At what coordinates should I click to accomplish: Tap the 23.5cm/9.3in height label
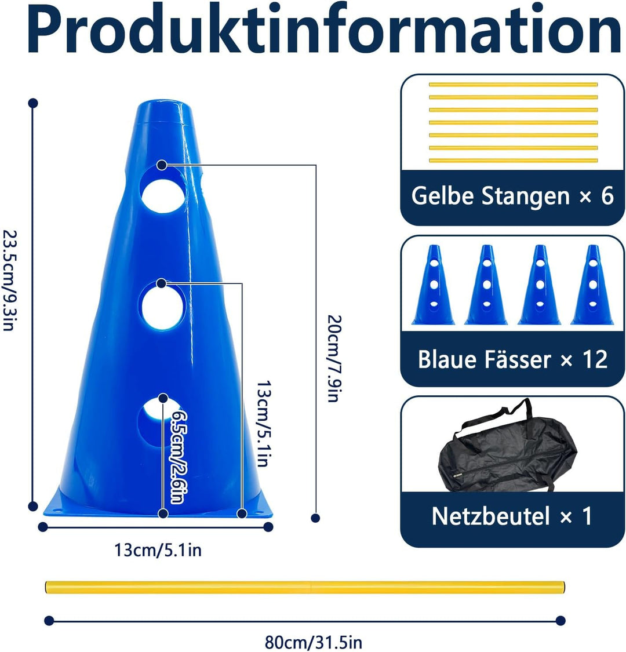pos(10,281)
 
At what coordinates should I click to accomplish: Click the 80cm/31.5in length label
pos(314,642)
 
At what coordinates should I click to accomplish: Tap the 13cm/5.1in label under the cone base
pos(158,550)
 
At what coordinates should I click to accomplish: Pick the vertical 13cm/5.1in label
pos(264,423)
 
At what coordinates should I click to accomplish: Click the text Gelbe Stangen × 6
pos(512,196)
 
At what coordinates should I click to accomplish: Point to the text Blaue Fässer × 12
pos(512,359)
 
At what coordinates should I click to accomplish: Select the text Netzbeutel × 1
pos(512,516)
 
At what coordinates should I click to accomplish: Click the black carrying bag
pos(507,451)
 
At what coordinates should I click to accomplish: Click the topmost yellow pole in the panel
pos(513,85)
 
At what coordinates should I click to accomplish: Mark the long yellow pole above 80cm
pos(305,587)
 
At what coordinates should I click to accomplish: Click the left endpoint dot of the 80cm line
pos(49,621)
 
